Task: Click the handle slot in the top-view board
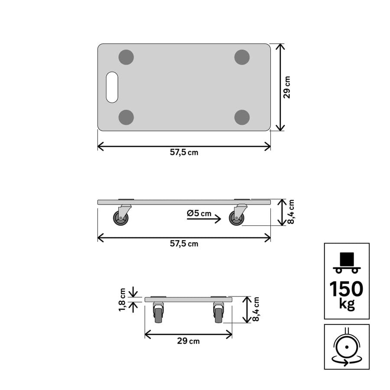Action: point(112,87)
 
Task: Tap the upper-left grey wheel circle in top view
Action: point(126,57)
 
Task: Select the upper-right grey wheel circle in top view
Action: point(242,57)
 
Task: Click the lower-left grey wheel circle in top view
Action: point(126,117)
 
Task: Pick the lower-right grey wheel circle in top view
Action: point(242,117)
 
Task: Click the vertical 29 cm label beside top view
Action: point(287,87)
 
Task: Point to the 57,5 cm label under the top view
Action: point(184,153)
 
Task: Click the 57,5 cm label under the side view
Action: point(184,244)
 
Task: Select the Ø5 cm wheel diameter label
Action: point(199,213)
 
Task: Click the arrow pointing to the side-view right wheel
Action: point(204,220)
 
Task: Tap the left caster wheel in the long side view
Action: point(121,218)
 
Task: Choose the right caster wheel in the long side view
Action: point(237,218)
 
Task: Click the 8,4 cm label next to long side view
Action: point(291,212)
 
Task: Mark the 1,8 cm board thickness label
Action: point(123,299)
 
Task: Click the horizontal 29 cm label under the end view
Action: point(188,341)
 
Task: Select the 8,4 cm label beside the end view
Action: point(256,309)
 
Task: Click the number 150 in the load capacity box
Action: point(346,289)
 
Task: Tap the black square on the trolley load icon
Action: point(347,259)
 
